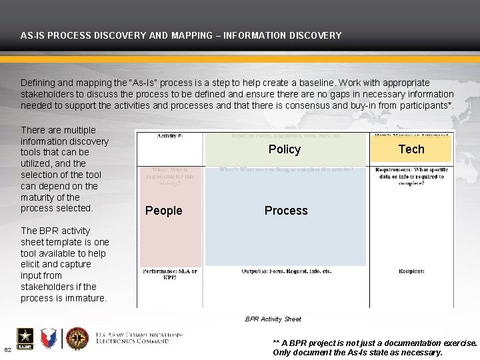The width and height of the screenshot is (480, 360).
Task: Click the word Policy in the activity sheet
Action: pos(285,149)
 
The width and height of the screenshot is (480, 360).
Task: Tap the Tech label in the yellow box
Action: pos(411,149)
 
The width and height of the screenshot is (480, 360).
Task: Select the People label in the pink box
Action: pos(163,211)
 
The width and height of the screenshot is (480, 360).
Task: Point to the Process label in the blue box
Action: pos(286,211)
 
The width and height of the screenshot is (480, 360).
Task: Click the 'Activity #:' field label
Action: pos(171,136)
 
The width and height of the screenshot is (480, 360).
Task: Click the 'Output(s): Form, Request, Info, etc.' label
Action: pos(286,272)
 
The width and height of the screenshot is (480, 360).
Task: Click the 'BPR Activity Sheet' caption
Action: pos(273,319)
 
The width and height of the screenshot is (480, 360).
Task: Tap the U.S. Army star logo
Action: pos(24,339)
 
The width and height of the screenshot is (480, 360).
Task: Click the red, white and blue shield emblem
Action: pos(49,339)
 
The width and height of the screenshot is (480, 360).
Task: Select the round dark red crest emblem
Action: pos(77,339)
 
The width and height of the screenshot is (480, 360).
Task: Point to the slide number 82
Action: pos(7,350)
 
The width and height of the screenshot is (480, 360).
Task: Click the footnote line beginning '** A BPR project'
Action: pos(375,343)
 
